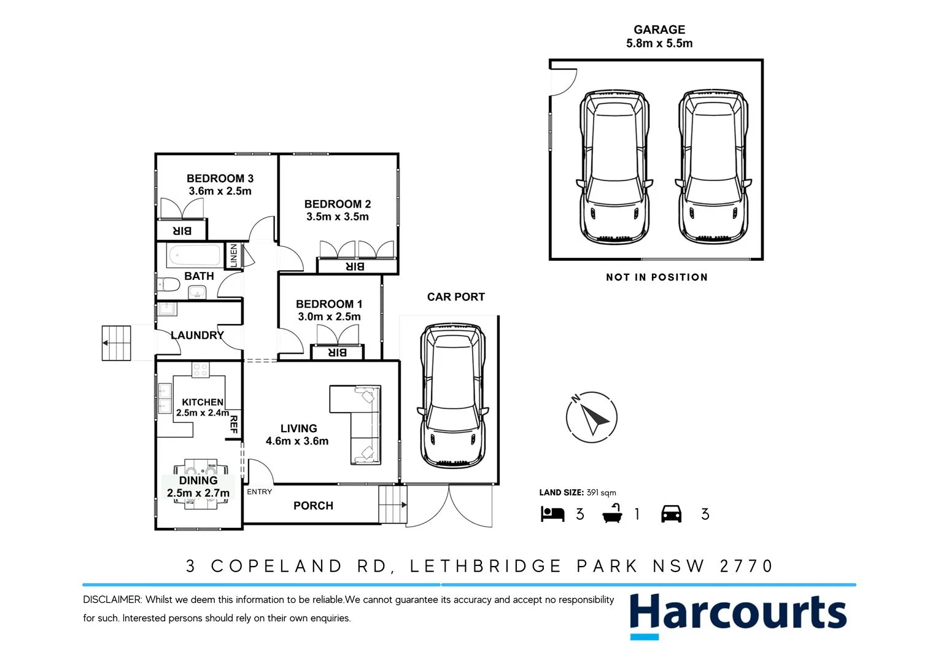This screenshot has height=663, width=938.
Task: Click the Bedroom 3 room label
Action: [x=220, y=179]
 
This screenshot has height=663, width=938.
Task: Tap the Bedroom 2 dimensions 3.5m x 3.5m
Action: [x=338, y=217]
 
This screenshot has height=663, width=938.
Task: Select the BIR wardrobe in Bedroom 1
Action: [x=338, y=352]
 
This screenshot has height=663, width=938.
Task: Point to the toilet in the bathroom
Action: [x=168, y=285]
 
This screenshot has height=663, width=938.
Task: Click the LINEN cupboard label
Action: [x=233, y=255]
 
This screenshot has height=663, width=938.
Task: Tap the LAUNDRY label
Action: [x=196, y=335]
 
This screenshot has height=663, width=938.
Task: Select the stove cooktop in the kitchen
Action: [x=200, y=370]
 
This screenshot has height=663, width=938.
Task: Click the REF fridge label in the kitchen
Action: [x=233, y=424]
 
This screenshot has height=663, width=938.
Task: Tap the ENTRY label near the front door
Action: [x=259, y=492]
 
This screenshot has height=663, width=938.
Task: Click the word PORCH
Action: [x=313, y=506]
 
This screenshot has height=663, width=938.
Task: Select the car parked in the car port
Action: [x=452, y=396]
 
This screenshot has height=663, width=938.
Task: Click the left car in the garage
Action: [x=614, y=167]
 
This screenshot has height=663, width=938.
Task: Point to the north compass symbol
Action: [x=591, y=417]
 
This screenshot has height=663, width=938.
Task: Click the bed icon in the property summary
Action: [x=552, y=514]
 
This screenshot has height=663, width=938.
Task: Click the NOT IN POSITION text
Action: [x=656, y=277]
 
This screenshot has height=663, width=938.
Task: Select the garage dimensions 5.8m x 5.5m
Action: [x=659, y=44]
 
